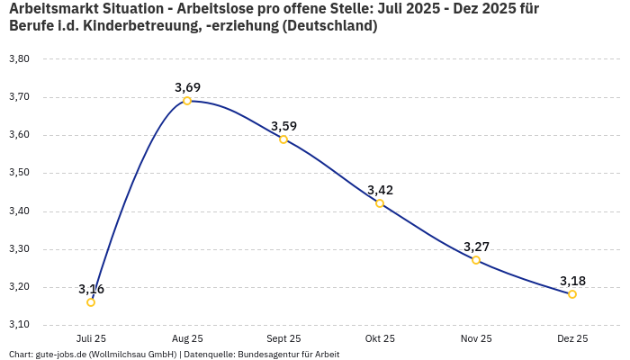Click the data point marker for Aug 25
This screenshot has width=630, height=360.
(187, 101)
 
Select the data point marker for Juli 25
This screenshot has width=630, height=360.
(91, 302)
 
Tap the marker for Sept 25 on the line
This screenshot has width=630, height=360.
(283, 139)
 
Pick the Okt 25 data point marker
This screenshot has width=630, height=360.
(380, 203)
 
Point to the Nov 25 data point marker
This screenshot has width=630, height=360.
(476, 260)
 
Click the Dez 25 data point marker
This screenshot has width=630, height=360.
(572, 294)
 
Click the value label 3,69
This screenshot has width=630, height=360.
(187, 87)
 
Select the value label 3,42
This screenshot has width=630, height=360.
(380, 190)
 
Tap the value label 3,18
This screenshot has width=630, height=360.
(572, 281)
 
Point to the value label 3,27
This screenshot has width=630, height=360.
(476, 247)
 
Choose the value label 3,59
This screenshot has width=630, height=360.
(283, 126)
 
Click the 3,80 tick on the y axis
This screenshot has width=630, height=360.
(19, 58)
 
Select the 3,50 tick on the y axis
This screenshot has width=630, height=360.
(19, 173)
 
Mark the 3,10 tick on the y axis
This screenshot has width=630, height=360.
(19, 324)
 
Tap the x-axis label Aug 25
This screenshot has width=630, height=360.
(187, 338)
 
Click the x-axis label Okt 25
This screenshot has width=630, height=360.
(380, 338)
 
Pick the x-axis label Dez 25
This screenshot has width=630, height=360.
(572, 338)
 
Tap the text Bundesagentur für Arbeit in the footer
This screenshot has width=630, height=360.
(288, 355)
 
